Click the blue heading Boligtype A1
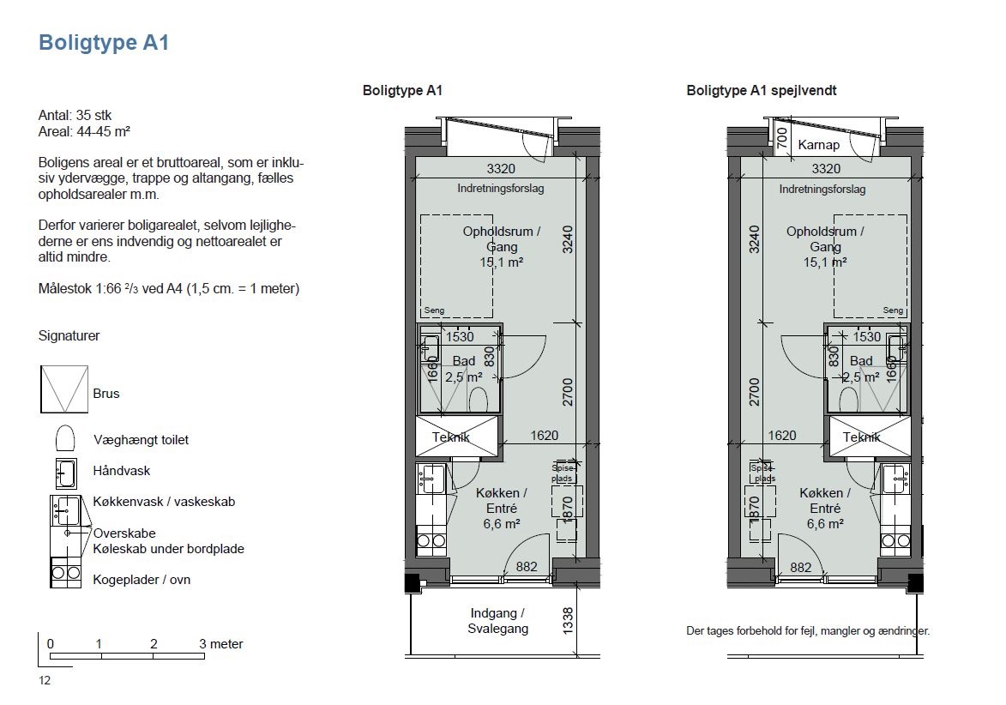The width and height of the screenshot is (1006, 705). [104, 42]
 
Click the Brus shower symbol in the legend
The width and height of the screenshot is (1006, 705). [64, 389]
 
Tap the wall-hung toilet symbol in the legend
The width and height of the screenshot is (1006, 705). [65, 439]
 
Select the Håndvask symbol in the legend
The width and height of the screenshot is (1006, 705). [66, 473]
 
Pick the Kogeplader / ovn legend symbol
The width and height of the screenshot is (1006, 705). [65, 572]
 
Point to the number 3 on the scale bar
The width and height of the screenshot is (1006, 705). [202, 643]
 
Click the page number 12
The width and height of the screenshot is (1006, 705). [45, 681]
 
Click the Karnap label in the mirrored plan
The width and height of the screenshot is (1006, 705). [819, 145]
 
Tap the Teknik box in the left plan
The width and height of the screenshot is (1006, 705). [457, 437]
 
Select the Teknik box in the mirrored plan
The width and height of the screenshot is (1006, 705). [870, 437]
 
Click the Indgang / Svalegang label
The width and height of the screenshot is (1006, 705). [498, 621]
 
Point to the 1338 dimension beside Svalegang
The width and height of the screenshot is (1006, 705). [568, 621]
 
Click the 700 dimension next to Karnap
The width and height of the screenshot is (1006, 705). [781, 138]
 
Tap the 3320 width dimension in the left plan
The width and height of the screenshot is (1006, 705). [501, 169]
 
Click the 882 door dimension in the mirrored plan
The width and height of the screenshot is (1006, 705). [801, 567]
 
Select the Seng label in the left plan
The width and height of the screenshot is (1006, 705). [434, 310]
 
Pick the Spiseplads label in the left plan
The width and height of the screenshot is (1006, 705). [563, 473]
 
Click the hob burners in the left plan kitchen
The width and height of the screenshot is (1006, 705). [431, 540]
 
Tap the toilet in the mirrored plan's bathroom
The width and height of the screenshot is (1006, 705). [848, 398]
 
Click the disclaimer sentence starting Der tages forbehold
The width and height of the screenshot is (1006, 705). [808, 630]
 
